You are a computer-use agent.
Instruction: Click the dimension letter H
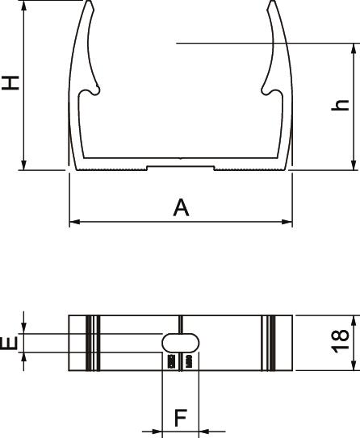click(10, 83)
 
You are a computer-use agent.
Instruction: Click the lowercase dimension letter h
click(340, 105)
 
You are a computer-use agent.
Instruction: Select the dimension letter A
click(181, 207)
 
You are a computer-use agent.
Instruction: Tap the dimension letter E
click(9, 343)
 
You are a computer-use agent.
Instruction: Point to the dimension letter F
click(181, 418)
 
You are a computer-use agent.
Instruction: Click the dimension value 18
click(340, 341)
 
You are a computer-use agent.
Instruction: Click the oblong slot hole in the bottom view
click(181, 343)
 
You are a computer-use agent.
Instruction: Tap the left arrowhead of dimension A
click(74, 222)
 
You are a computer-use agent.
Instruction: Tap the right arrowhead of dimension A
click(287, 222)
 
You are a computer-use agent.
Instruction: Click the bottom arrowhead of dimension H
click(24, 165)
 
